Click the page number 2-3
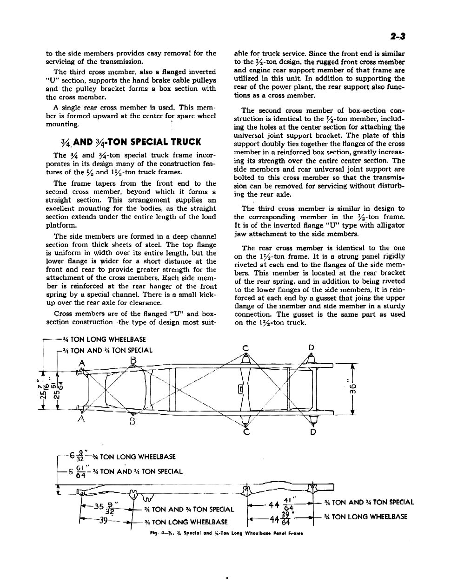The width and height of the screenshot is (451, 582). coord(398,37)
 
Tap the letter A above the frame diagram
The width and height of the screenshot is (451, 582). coord(82,363)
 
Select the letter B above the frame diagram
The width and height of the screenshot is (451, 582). coord(133,360)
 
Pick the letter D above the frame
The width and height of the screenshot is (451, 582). coord(312,348)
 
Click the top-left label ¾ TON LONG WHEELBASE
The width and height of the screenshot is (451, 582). coord(104,339)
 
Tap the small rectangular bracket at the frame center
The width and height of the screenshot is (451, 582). coord(240,389)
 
